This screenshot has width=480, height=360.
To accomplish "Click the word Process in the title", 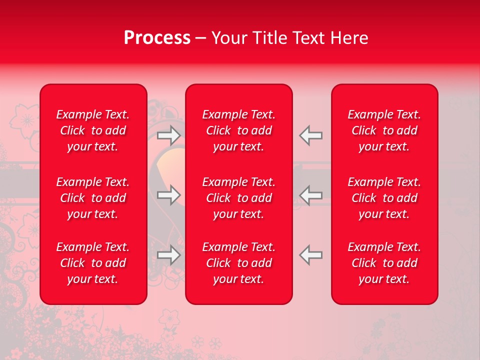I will click(157, 38).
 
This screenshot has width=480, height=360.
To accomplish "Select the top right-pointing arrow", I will click(169, 135).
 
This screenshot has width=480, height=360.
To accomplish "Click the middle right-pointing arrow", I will click(169, 195).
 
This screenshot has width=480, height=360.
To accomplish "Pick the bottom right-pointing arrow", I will click(169, 255).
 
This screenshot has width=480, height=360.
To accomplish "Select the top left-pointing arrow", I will click(310, 135).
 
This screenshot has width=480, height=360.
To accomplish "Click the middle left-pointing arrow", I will click(310, 195).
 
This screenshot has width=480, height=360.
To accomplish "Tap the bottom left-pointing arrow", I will click(310, 255).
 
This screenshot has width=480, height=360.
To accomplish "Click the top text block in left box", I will click(93, 130).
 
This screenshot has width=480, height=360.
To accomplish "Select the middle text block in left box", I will click(93, 198).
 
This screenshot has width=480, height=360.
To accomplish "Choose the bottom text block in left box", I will click(93, 263).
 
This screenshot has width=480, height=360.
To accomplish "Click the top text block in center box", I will click(238, 130).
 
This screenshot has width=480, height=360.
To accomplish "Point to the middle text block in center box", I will click(238, 198).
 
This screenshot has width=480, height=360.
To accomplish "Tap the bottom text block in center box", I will click(238, 263).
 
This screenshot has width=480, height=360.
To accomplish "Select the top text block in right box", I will click(384, 130).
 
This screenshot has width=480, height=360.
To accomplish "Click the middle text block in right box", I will click(384, 198).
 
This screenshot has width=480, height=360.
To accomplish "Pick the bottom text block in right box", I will click(384, 263).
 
